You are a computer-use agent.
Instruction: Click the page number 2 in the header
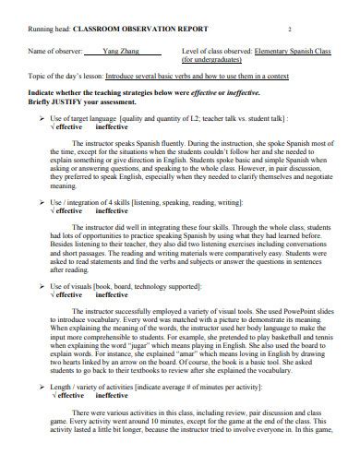(289, 30)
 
